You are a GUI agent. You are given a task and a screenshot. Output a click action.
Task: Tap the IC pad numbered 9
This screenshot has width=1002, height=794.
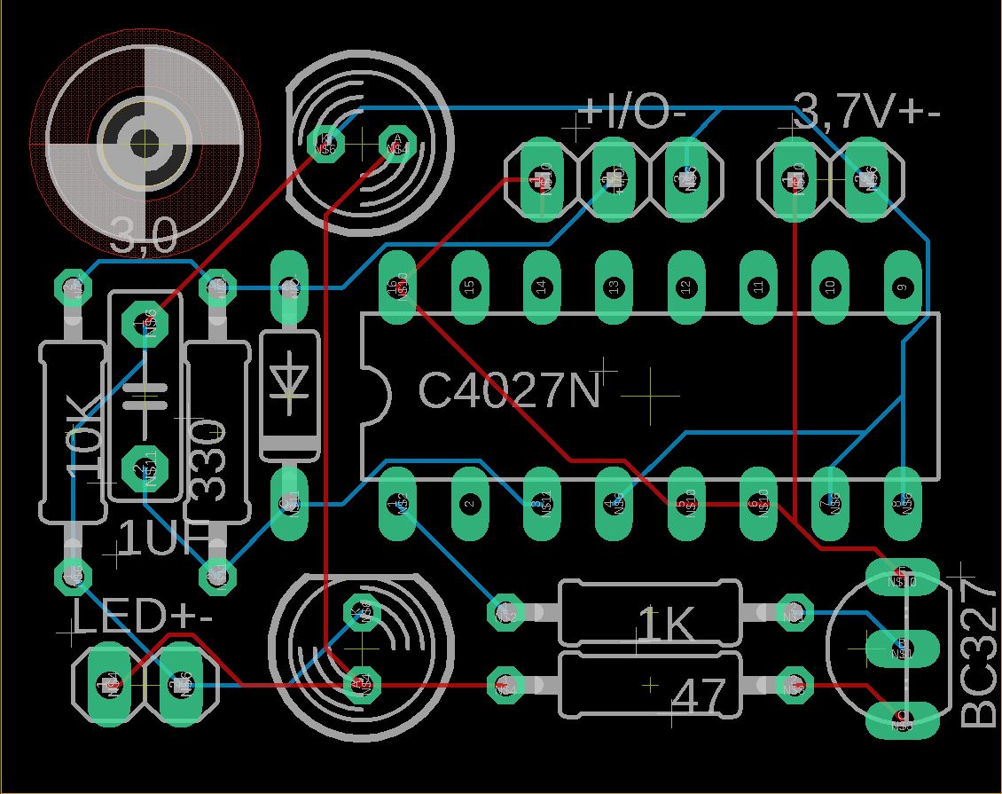tap(902, 287)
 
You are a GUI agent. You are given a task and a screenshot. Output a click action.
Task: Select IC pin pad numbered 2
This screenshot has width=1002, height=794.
tap(469, 503)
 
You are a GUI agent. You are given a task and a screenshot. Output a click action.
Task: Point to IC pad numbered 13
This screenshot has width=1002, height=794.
tap(613, 287)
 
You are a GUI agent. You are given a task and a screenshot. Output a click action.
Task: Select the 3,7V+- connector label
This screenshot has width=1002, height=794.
tap(866, 112)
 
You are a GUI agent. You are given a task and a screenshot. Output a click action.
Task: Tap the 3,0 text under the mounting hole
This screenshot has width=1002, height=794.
tap(144, 237)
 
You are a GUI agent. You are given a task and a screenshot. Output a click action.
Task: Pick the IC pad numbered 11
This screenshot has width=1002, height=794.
tap(757, 287)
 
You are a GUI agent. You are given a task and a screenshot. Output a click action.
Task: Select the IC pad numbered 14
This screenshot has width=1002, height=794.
tap(541, 287)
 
